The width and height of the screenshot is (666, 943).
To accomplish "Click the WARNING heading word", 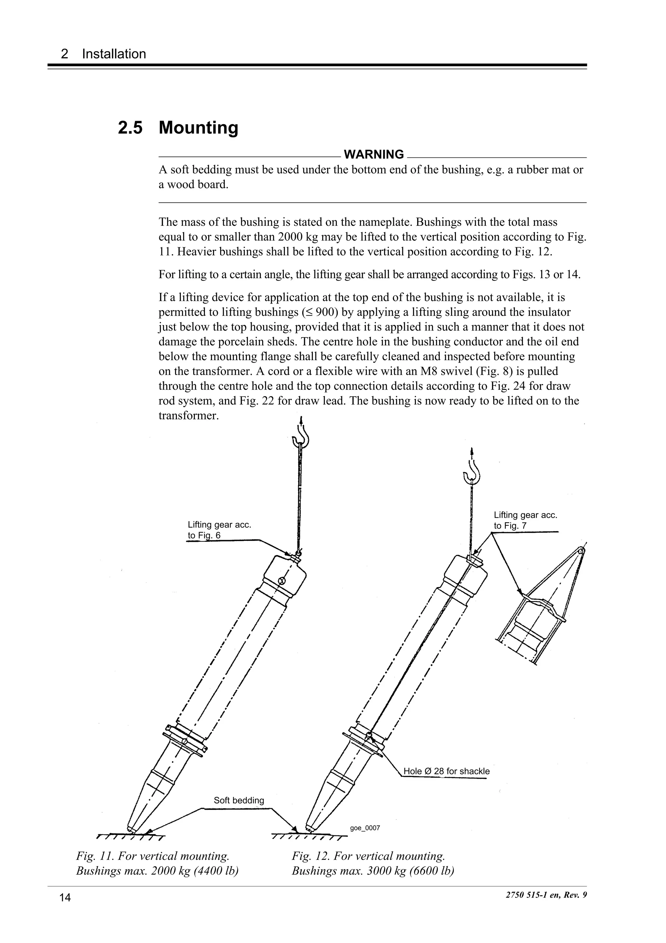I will coord(373,155).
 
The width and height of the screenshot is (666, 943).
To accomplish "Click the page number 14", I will coord(65,898).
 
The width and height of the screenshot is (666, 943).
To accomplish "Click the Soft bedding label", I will coord(239,800).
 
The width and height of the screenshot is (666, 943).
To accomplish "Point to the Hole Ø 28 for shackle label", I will coord(446,771).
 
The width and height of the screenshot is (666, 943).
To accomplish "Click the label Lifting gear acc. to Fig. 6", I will coord(219,530).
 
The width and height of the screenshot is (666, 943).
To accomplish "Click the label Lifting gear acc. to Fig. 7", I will coord(525,520).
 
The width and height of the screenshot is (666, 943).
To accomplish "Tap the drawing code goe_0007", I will coord(365,828).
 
